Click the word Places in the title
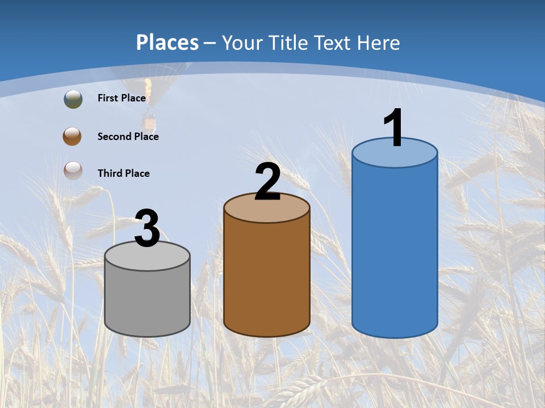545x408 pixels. point(167,42)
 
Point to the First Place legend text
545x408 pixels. point(121,98)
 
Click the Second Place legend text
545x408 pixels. point(128,137)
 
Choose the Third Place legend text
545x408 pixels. point(124,173)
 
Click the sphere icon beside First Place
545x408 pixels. point(73,99)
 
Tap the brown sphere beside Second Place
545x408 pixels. point(73,137)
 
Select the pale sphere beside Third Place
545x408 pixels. point(73,171)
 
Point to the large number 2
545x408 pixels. point(268,182)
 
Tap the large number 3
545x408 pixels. point(147,228)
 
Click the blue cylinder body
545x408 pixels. point(395,249)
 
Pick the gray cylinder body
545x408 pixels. point(147,300)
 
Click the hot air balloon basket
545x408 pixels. point(149,122)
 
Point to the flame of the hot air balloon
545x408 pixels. point(148,88)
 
